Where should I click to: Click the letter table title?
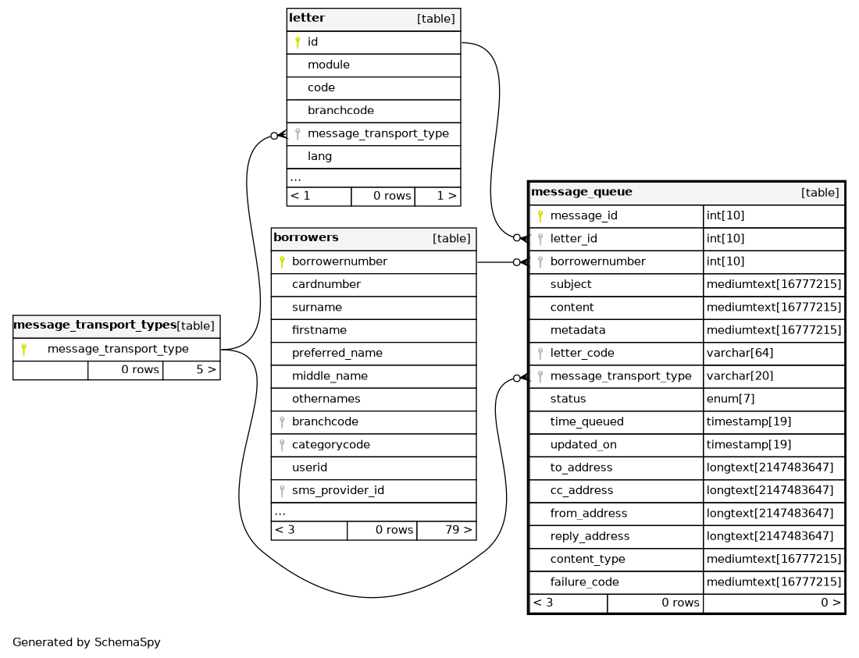307,18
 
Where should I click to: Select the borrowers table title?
305,237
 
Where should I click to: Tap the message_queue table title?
581,192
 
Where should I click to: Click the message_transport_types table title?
94,325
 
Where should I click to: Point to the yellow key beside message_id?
540,215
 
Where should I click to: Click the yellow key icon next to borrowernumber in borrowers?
282,261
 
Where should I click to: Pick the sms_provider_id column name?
338,490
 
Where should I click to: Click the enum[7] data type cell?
730,399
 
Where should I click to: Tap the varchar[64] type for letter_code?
740,353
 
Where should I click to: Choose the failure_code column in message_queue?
585,582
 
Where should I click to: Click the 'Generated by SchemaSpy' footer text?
87,642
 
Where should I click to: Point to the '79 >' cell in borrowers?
447,530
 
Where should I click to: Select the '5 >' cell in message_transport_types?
192,370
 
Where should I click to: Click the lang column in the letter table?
320,157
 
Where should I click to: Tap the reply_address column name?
590,536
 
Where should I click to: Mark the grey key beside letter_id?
540,239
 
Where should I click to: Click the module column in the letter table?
329,65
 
